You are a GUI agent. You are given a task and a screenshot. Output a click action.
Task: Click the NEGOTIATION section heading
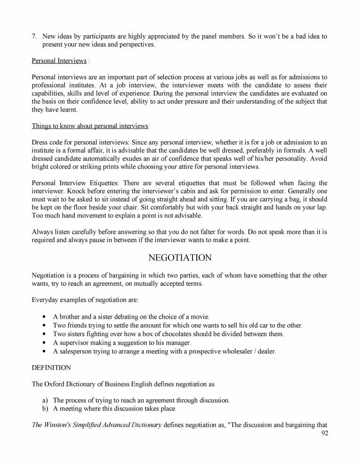[180, 258]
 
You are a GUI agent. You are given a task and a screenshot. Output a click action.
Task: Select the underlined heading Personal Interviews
[59, 61]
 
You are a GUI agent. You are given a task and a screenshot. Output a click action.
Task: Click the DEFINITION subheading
[51, 367]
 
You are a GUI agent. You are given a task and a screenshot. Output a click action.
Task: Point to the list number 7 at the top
[34, 36]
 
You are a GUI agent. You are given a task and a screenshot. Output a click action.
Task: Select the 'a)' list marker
[45, 401]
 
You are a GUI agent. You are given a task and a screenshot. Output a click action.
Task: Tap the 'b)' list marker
[45, 409]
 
